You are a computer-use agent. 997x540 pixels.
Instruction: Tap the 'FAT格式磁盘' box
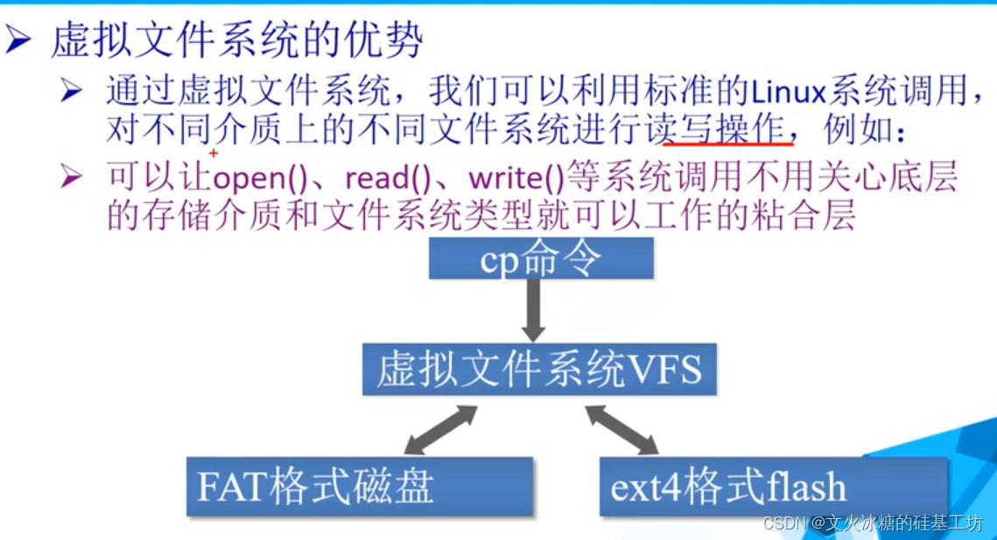point(359,487)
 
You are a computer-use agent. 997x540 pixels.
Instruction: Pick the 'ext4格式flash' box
point(774,487)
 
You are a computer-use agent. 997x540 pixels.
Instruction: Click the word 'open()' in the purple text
point(259,179)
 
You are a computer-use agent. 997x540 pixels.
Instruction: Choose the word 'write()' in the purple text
point(517,179)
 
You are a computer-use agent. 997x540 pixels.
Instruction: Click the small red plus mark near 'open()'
point(214,153)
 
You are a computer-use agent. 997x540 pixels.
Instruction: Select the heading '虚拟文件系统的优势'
point(237,40)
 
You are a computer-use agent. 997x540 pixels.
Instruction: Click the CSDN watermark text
point(873,523)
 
